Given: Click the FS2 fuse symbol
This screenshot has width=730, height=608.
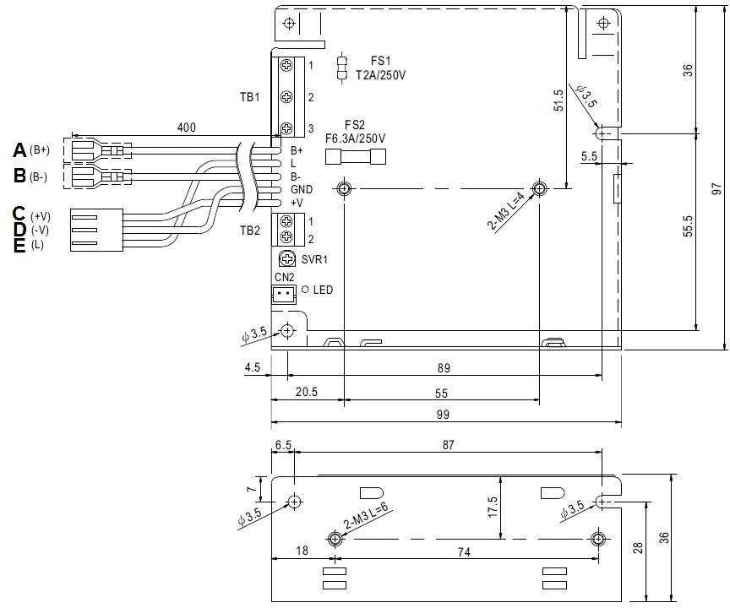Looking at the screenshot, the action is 355,157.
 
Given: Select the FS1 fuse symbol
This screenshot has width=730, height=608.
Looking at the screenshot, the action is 343,68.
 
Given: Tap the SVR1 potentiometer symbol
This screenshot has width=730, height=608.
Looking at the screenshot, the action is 287,258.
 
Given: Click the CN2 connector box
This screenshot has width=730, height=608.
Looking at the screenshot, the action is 284,294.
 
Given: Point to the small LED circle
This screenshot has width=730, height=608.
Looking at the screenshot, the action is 305,290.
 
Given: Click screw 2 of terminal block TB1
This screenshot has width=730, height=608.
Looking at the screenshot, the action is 286,97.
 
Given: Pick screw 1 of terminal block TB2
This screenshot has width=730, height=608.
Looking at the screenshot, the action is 286,221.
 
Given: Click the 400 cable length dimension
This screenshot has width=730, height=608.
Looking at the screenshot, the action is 187,127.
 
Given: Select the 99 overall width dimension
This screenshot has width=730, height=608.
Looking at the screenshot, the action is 444,415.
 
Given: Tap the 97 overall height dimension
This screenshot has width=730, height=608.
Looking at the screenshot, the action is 716,188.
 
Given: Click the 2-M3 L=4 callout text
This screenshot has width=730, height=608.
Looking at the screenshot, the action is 507,212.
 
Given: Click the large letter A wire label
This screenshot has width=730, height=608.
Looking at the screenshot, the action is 19,150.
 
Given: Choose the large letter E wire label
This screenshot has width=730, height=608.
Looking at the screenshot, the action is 19,245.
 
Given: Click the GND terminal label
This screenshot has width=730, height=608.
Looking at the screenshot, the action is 302,189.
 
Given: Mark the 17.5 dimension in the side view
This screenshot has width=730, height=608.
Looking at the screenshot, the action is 493,507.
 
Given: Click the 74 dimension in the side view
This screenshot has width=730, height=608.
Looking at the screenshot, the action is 464,551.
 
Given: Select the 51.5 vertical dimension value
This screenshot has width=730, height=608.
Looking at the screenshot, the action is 558,100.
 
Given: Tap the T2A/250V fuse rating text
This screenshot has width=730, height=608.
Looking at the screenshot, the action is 381,75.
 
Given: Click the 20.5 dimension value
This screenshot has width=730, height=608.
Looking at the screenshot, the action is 307,392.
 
